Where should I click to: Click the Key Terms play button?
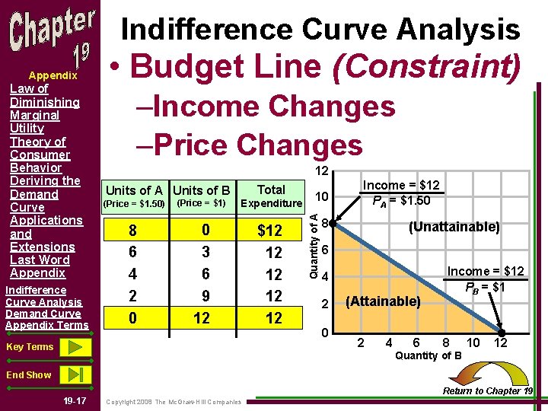pyautogui.click(x=73, y=348)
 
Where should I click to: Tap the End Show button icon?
pyautogui.click(x=73, y=374)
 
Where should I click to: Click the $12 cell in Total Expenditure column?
pyautogui.click(x=270, y=231)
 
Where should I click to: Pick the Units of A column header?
pyautogui.click(x=134, y=190)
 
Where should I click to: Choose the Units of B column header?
pyautogui.click(x=202, y=190)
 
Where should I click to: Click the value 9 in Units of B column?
pyautogui.click(x=202, y=296)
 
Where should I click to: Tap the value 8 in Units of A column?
pyautogui.click(x=134, y=231)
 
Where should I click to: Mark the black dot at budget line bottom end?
pyautogui.click(x=502, y=333)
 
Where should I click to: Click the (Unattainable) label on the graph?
pyautogui.click(x=454, y=227)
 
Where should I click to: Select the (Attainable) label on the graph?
pyautogui.click(x=383, y=301)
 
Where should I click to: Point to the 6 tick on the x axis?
pyautogui.click(x=416, y=342)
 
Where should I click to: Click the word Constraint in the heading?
pyautogui.click(x=425, y=66)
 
